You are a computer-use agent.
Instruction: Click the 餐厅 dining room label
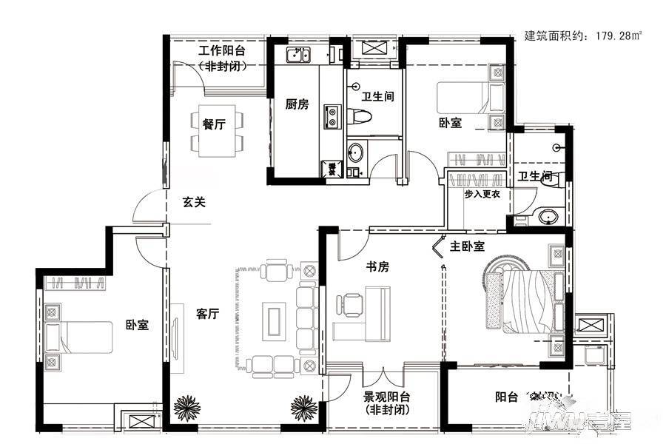click(x=214, y=125)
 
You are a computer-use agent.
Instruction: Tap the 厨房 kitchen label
click(x=297, y=104)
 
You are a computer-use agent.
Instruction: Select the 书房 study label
click(x=377, y=266)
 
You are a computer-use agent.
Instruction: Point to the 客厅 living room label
click(x=208, y=314)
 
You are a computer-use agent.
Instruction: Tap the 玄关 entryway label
click(x=194, y=201)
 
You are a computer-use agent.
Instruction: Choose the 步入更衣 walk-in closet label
click(x=483, y=194)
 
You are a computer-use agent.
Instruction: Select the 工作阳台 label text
click(x=221, y=51)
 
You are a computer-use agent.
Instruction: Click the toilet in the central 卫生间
click(x=360, y=116)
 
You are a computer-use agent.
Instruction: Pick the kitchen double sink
click(x=299, y=54)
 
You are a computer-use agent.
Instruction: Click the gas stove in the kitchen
click(x=331, y=116)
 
